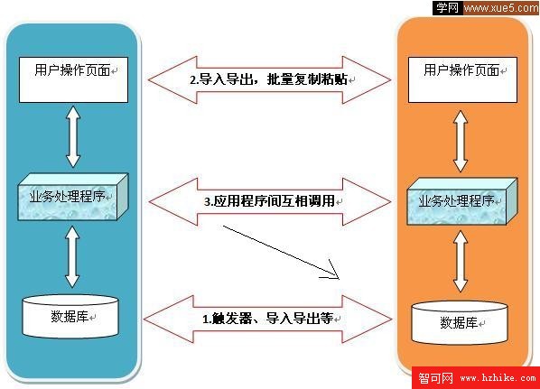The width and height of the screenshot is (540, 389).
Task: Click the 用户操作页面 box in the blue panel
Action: point(73,79)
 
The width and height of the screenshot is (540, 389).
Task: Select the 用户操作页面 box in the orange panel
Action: point(462,79)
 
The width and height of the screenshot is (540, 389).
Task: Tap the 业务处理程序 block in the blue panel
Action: point(73,197)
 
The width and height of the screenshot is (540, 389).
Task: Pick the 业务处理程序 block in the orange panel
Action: point(462,201)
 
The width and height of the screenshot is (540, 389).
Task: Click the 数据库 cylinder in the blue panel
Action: point(70,317)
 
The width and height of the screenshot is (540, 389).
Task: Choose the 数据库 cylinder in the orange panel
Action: point(460,322)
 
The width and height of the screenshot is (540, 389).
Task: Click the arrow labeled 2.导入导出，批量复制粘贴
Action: point(270,79)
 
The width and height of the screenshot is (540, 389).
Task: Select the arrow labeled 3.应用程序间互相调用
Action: point(270,202)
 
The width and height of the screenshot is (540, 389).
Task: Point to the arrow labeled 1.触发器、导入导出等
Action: point(267,320)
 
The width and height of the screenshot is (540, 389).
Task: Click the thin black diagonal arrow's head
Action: point(339,278)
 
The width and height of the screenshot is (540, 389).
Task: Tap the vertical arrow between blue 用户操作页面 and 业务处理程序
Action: point(73,136)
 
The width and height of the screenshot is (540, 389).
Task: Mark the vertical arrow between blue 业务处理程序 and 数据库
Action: point(72,257)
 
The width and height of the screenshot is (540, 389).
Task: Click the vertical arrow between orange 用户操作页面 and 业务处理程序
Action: point(461,141)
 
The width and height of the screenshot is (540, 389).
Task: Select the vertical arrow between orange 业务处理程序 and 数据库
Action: point(461,261)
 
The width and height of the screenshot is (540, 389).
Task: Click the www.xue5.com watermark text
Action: point(501,8)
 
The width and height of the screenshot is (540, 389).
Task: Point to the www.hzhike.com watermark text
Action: point(498,378)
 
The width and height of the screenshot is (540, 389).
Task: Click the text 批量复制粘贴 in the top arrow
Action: point(307,79)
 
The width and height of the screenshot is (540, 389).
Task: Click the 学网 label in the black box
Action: point(447,8)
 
